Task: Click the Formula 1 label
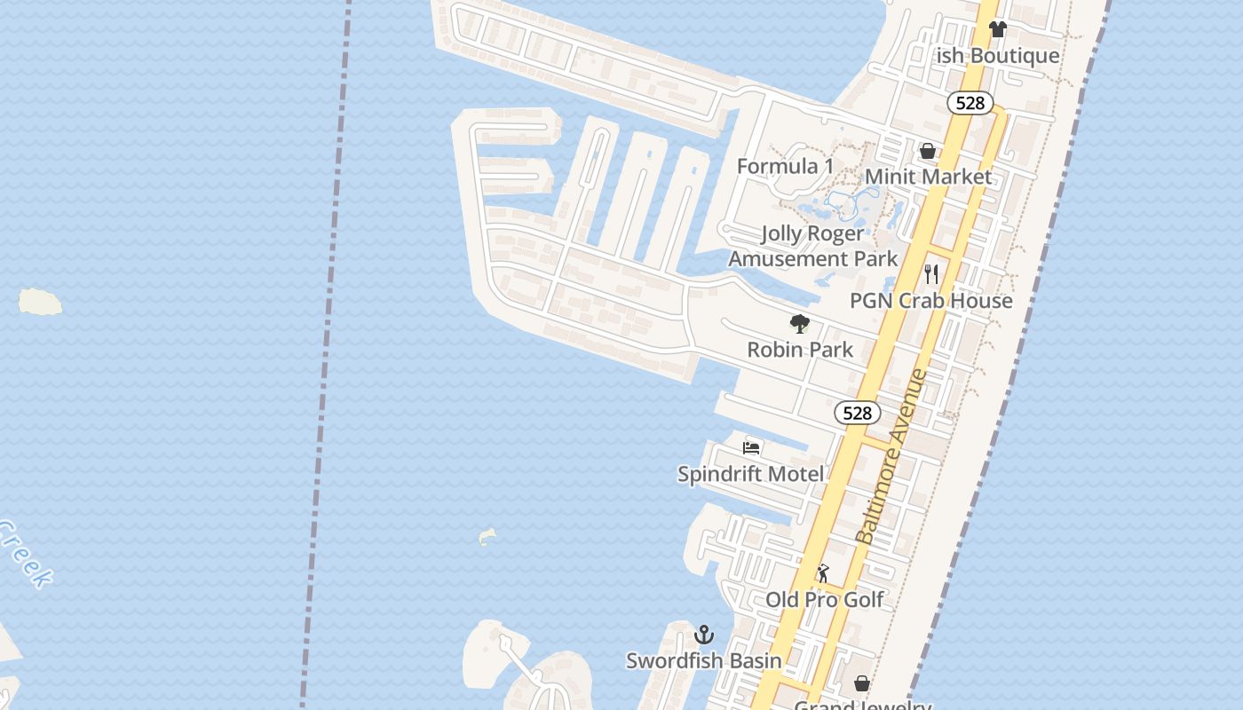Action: (785, 166)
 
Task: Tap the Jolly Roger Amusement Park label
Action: (813, 246)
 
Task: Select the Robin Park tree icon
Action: (800, 324)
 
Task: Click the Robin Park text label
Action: (800, 350)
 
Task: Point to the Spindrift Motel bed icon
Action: (751, 447)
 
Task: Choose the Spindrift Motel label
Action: (750, 474)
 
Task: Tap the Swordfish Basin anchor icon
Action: (704, 635)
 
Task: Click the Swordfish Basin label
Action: (704, 660)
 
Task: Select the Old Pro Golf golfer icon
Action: (823, 573)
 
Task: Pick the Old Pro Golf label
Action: (825, 600)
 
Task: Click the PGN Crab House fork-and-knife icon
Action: (931, 274)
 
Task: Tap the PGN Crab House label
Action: (930, 301)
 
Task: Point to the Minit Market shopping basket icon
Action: (928, 151)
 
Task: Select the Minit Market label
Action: (928, 177)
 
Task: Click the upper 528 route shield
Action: (970, 103)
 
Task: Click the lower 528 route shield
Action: (857, 413)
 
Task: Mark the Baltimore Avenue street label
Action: (891, 456)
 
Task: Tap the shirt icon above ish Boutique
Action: (997, 29)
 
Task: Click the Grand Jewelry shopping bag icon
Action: (861, 683)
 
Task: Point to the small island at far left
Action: (41, 302)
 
